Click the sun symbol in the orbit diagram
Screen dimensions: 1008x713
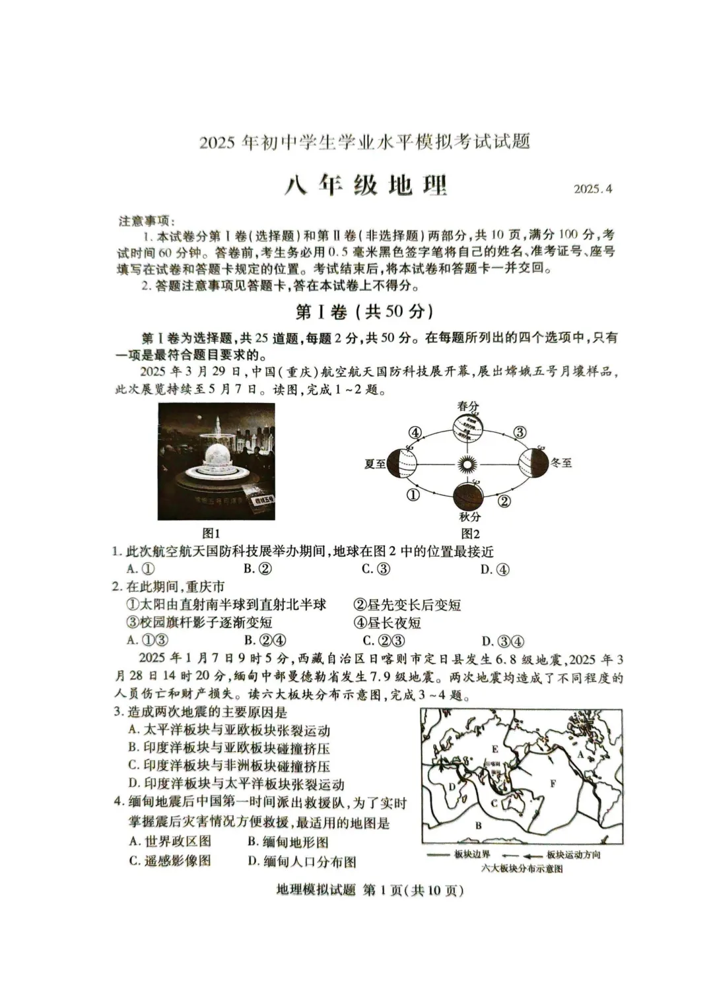[466, 464]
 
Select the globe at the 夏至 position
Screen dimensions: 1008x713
[402, 464]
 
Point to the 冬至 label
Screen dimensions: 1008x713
[561, 463]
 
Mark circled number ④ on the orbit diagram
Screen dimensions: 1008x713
[415, 433]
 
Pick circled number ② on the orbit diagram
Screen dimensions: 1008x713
[504, 501]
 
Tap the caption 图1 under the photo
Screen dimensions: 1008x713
[211, 533]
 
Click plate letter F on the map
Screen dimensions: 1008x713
[553, 783]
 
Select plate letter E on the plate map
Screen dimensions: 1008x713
[494, 749]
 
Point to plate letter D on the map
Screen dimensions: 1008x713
[452, 786]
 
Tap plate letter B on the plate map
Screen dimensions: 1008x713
[479, 825]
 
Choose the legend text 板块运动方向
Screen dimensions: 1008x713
[573, 854]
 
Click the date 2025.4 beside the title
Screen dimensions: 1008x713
[593, 189]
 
